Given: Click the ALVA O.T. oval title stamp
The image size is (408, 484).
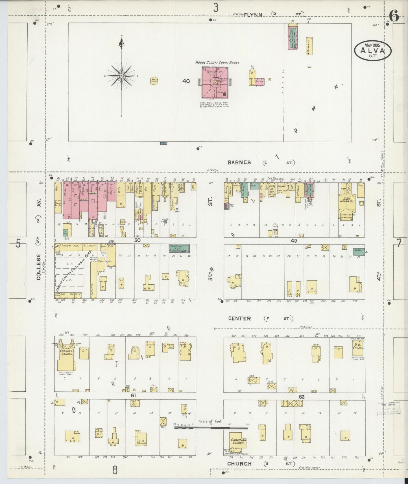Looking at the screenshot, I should (373, 51).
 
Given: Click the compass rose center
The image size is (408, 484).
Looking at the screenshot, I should (122, 76).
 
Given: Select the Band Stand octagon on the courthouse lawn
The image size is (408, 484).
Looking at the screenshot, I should (154, 81).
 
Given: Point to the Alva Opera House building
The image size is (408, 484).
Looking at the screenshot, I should (347, 203).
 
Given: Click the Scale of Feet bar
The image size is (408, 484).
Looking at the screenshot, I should (211, 428).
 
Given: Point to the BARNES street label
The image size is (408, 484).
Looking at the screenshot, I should (239, 162).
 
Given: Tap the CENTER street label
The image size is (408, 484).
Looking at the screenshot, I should (239, 319).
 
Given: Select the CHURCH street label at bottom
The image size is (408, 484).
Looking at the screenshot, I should (239, 464).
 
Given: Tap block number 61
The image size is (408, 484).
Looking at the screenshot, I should (133, 396).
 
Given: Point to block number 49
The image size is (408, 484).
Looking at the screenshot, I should (294, 241).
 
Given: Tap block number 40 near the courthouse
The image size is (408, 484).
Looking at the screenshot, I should (186, 81).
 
